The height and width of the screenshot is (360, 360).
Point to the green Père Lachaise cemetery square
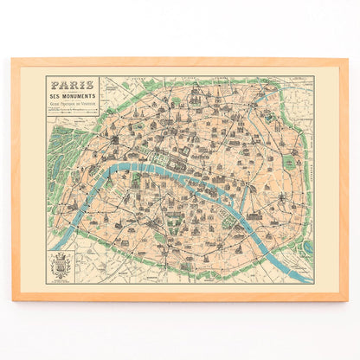289,164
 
